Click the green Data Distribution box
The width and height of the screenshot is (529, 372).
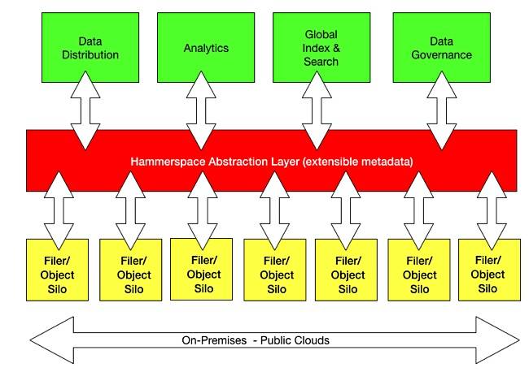point(90,47)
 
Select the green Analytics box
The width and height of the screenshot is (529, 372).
point(206,47)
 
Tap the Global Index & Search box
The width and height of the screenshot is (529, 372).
point(321,47)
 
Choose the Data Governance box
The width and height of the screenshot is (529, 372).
point(442,47)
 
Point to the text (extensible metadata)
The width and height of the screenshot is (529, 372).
point(357,162)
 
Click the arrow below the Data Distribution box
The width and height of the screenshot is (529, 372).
point(85,110)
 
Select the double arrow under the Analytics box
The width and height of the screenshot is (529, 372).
point(201,110)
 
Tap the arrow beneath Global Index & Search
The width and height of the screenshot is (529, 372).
point(317,110)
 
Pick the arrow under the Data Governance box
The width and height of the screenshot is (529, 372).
point(442,110)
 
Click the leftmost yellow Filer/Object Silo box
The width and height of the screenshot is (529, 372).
point(57,270)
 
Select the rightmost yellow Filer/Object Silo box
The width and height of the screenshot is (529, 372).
point(489,270)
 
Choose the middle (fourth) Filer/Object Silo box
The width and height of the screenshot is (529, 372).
point(275,270)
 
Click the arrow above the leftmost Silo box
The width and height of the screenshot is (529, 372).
point(59,210)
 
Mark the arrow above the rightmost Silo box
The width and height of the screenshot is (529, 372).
point(492,210)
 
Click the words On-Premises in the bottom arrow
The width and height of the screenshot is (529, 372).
point(214,340)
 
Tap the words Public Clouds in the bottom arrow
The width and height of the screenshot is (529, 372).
point(295,340)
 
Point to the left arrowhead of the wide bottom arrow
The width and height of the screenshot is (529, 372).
point(52,340)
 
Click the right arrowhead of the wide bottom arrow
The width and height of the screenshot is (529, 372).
point(497,340)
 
